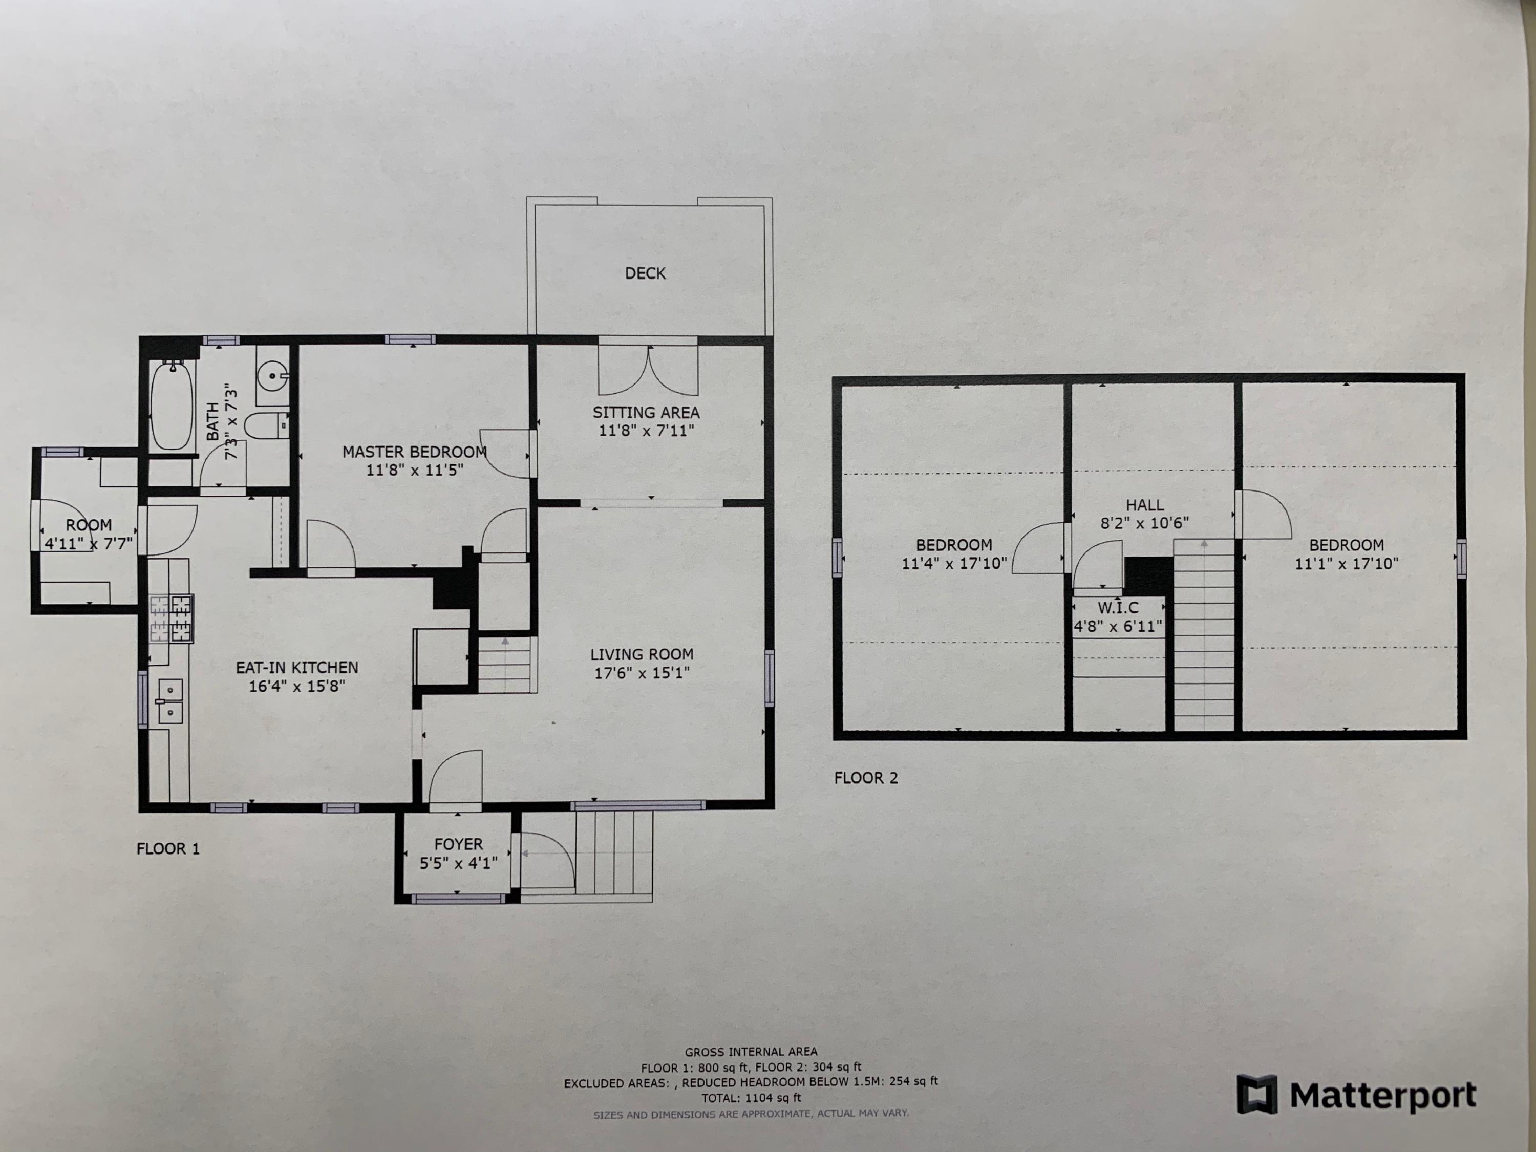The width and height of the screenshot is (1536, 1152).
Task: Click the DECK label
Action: click(x=645, y=273)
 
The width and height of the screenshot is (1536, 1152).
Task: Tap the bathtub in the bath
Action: click(x=171, y=405)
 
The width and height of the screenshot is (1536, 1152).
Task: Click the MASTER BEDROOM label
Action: click(x=414, y=452)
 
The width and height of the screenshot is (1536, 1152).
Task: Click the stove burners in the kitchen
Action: click(x=171, y=617)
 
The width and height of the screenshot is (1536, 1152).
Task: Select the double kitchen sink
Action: click(x=169, y=701)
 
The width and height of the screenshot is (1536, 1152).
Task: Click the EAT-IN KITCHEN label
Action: click(x=297, y=667)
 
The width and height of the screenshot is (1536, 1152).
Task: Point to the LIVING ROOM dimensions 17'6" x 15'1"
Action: click(x=642, y=673)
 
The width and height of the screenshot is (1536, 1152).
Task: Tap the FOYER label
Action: click(x=458, y=844)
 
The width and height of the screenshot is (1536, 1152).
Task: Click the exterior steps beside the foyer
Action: click(x=614, y=854)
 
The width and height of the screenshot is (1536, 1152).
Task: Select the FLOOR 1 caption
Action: click(x=168, y=848)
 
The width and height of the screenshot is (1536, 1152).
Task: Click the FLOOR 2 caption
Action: click(x=866, y=778)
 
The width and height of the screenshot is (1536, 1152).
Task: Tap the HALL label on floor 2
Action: click(x=1144, y=505)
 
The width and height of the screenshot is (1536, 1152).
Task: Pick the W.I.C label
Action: click(x=1118, y=608)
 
